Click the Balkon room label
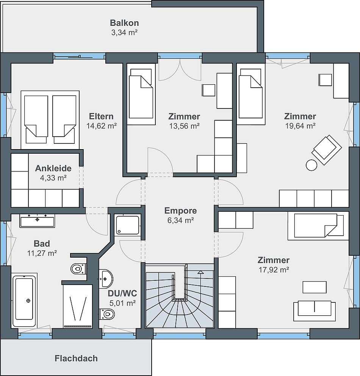[x=124, y=23]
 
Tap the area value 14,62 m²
[x=102, y=126]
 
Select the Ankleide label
[x=53, y=168]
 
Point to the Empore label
[x=181, y=211]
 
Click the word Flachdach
[x=76, y=358]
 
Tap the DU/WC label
[x=122, y=293]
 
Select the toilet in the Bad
[x=78, y=269]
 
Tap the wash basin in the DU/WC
[x=106, y=279]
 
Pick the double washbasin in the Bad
[x=37, y=220]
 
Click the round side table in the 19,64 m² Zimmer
[x=311, y=165]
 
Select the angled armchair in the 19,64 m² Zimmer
[x=327, y=150]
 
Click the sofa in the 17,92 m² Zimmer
[x=315, y=311]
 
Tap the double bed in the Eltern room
[x=50, y=120]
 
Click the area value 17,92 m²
[x=274, y=270]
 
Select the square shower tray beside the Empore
[x=128, y=225]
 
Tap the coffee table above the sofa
[x=315, y=287]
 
